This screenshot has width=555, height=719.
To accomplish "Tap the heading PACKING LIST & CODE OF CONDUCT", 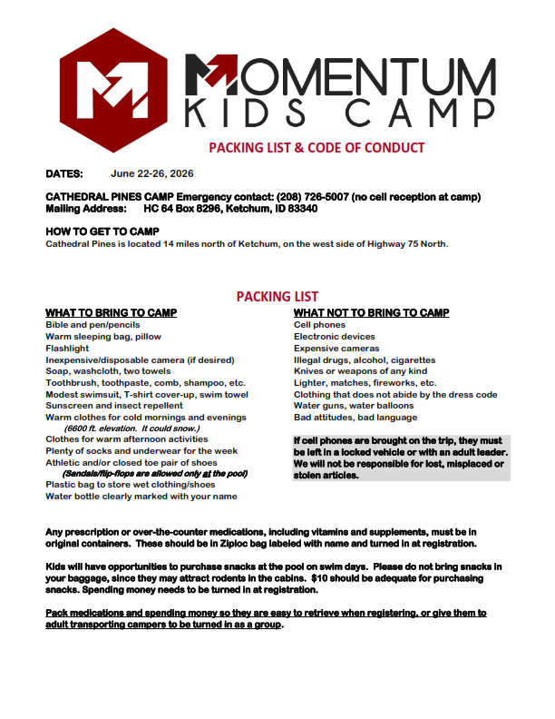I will pos(316,148).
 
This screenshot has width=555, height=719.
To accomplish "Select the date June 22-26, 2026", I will pos(151,173).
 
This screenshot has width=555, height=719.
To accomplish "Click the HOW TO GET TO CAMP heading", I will pos(102,231).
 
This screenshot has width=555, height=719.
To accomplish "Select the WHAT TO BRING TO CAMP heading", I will pos(111,313).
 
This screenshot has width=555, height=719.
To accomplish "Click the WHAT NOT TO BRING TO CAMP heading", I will pos(371,313).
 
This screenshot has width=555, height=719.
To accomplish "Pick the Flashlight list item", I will pos(68,348).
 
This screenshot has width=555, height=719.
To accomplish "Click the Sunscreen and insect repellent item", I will pos(113,406).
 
